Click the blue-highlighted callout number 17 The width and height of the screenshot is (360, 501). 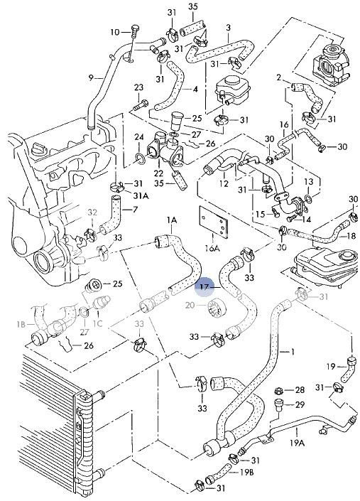[204, 287]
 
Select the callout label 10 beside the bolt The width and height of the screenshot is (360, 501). [115, 32]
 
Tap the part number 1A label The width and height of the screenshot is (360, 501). [171, 220]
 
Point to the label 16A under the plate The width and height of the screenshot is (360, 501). [212, 247]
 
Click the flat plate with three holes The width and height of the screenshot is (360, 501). [214, 222]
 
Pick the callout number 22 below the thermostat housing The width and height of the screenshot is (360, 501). [158, 173]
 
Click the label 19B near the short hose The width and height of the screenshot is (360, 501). [246, 472]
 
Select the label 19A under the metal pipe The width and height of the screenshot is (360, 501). [297, 443]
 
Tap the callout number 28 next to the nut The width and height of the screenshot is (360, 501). [300, 390]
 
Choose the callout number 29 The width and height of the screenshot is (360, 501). [300, 405]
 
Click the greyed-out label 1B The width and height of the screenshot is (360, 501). [21, 325]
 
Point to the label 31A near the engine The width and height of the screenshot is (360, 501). [141, 195]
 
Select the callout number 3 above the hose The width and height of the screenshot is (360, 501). [228, 28]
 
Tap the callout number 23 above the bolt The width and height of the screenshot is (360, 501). [138, 87]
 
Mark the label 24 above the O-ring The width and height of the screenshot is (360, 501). [139, 137]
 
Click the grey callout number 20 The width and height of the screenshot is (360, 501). [190, 306]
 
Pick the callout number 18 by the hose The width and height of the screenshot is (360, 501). [351, 236]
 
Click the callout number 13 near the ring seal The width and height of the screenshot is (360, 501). [309, 181]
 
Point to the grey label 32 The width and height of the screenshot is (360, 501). [92, 212]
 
